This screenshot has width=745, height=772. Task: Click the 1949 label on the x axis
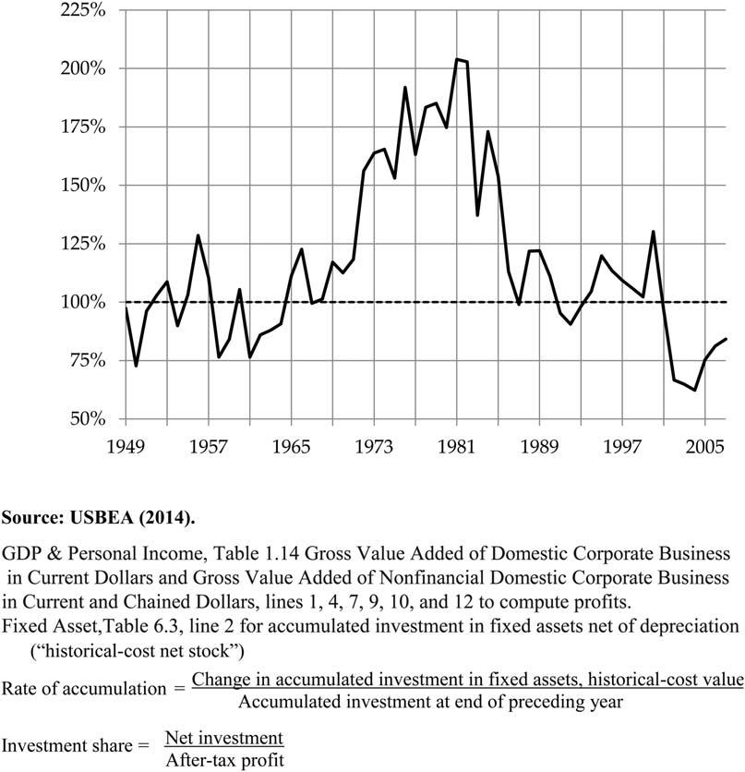pos(126,446)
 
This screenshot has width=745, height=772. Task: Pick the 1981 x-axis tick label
pos(456,446)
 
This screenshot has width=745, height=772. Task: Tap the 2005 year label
pos(704,446)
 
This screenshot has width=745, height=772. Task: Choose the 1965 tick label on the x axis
pos(291,446)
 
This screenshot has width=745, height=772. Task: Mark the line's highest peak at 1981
pos(457,59)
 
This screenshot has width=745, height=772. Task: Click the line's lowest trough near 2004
pos(694,391)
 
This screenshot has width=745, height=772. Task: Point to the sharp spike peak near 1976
pos(405,88)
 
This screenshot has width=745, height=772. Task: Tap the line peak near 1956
pos(198,235)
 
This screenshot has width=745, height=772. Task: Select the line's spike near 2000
pos(654,232)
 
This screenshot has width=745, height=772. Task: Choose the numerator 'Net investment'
pos(222,738)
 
